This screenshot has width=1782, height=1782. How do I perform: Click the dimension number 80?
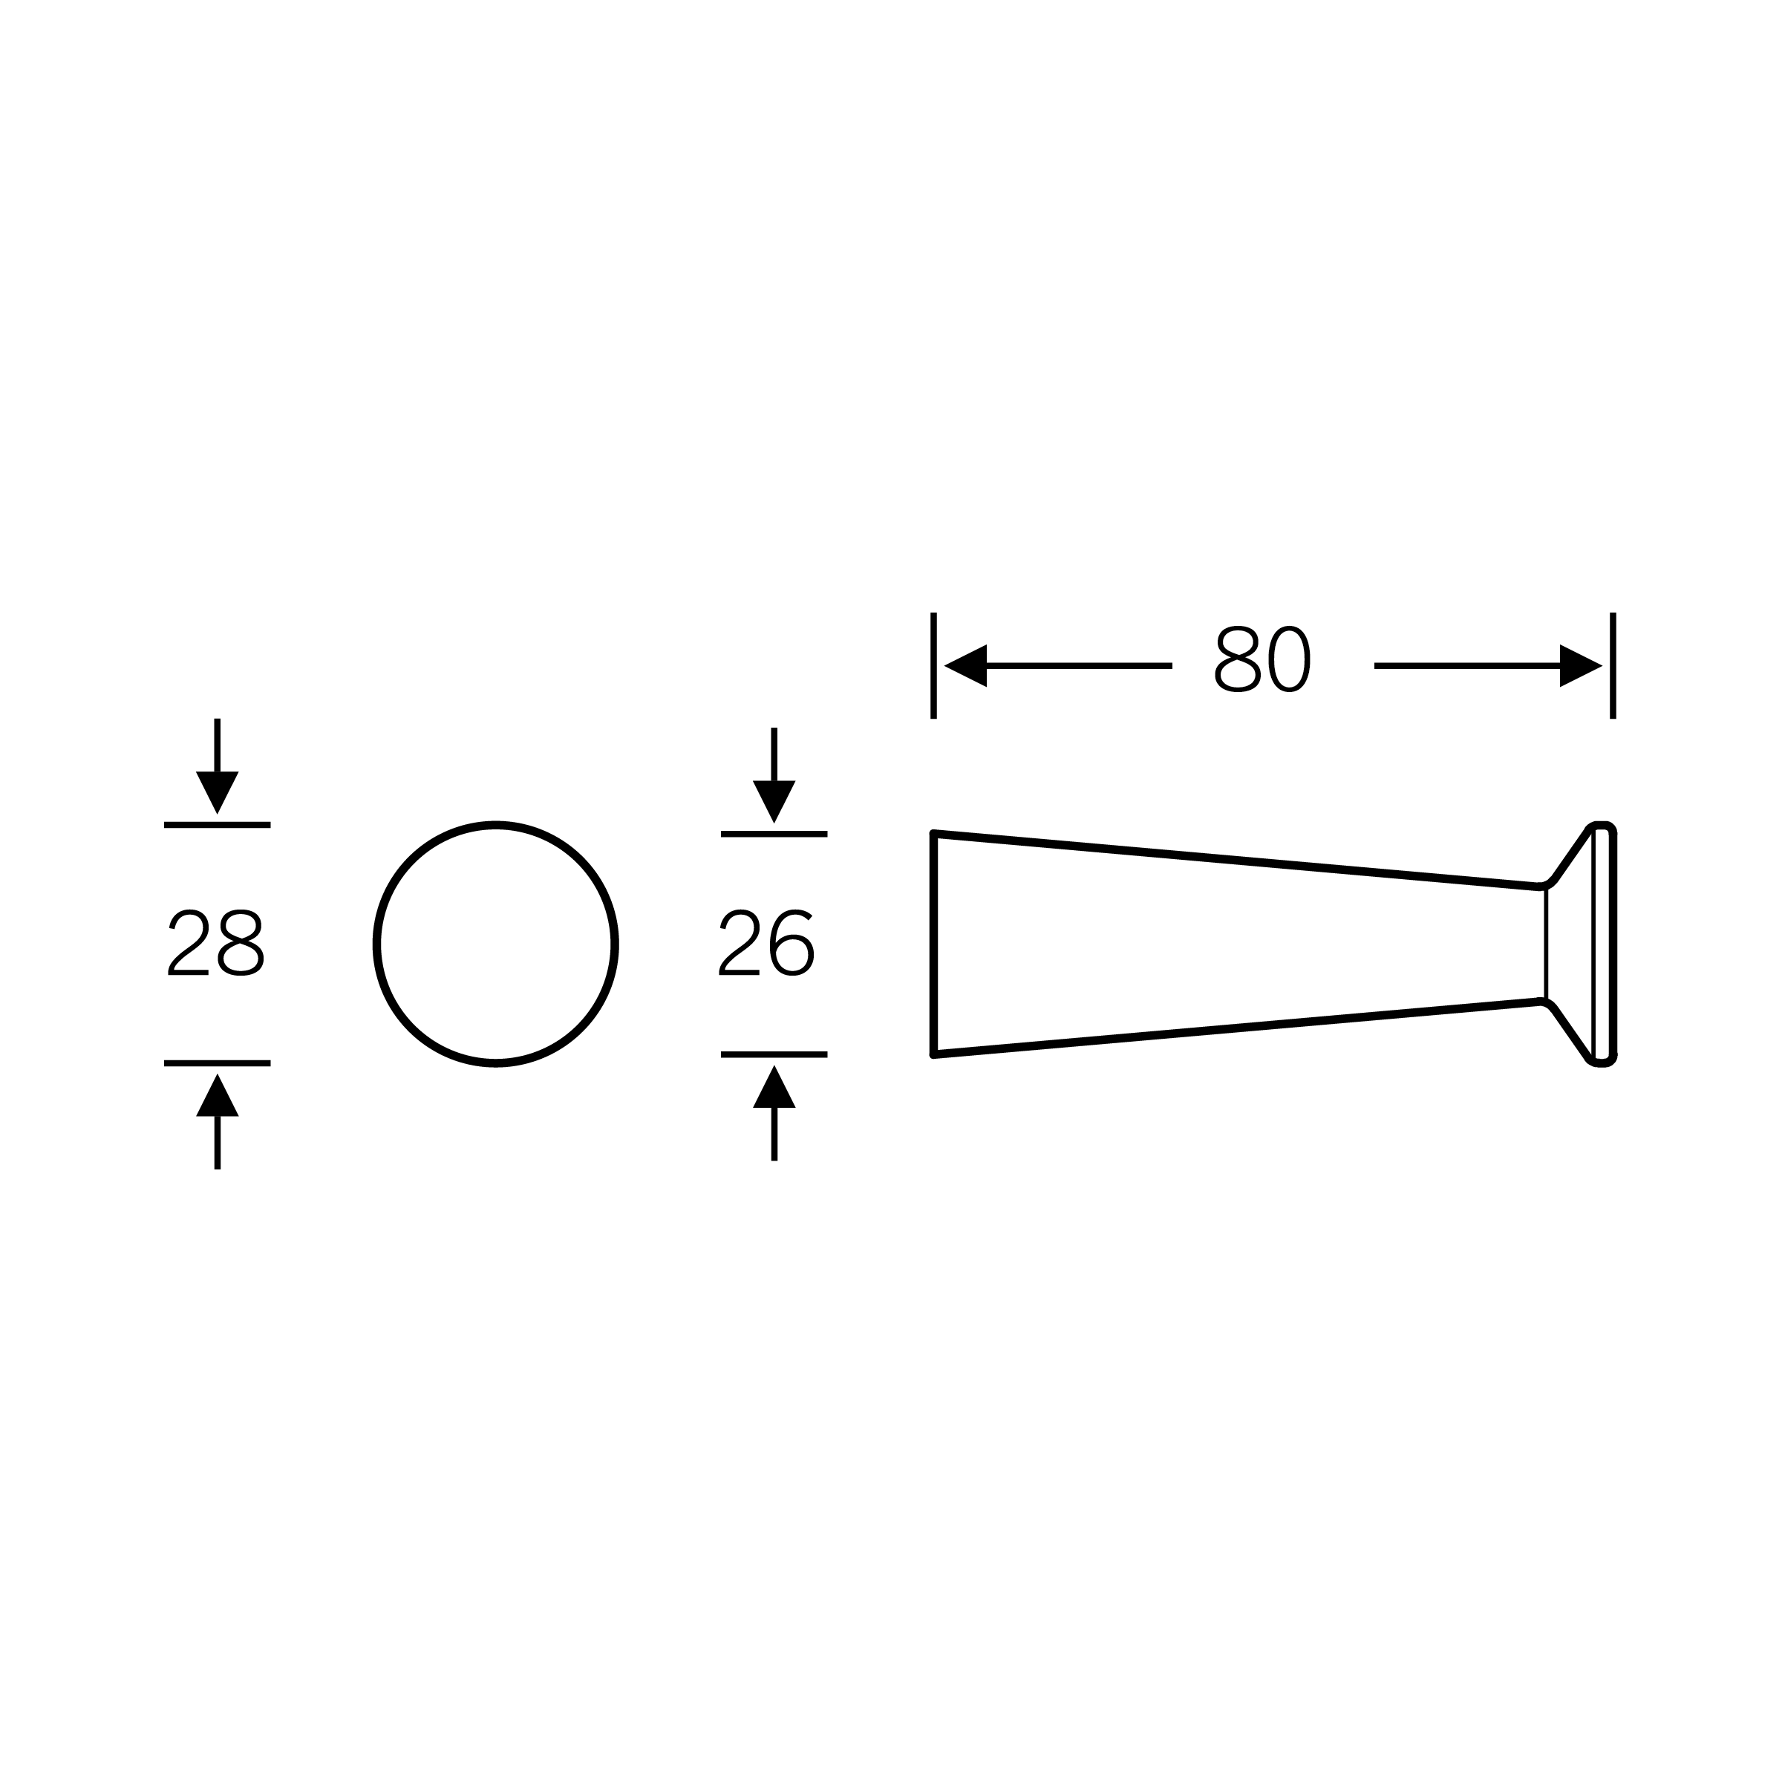1263,659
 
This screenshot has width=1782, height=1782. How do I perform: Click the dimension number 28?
216,944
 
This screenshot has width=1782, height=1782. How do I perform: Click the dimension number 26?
766,944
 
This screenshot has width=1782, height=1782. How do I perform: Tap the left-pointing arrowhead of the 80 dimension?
966,666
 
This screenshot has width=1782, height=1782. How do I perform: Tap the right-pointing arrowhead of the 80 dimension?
1581,666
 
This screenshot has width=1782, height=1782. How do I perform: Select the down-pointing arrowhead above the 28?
218,792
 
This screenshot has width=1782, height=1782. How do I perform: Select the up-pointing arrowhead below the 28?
218,1095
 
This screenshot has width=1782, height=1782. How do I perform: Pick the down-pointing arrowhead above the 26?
774,802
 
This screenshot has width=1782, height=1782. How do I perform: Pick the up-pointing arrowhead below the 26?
774,1086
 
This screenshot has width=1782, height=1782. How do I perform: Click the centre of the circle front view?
496,944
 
